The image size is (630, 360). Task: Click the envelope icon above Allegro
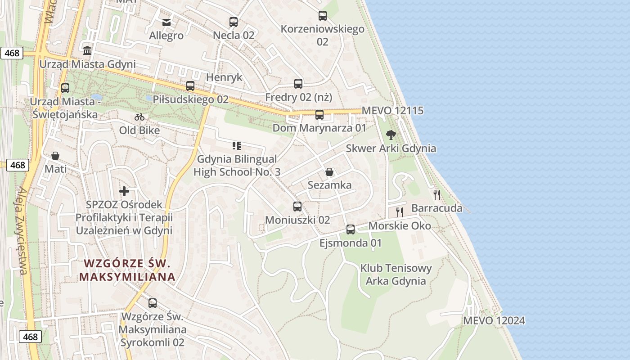pos(166,22)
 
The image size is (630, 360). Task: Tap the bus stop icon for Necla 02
pos(233,22)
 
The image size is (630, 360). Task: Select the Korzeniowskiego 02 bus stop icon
pos(322,16)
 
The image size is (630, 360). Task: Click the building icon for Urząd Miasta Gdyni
pos(87,50)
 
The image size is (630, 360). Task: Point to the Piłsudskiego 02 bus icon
pos(190,85)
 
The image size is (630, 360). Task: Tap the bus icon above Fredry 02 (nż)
pos(298,83)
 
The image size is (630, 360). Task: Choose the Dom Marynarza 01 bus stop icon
pos(319,114)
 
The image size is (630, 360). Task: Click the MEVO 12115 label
pos(392,111)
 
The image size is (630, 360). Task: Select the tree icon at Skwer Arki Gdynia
pos(391,135)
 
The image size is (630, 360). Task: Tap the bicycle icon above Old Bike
pos(139,117)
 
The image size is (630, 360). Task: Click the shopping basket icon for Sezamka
pos(329,172)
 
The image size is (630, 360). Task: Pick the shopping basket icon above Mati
pos(55,156)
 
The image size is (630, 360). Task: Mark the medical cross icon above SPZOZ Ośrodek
pos(124,191)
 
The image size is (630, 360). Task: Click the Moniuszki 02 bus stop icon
pos(297,207)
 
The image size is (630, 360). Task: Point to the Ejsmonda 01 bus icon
pos(351,229)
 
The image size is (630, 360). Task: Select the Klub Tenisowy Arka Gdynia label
pos(396,274)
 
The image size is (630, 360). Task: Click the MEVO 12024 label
pos(494,321)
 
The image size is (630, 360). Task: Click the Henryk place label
pos(224,77)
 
